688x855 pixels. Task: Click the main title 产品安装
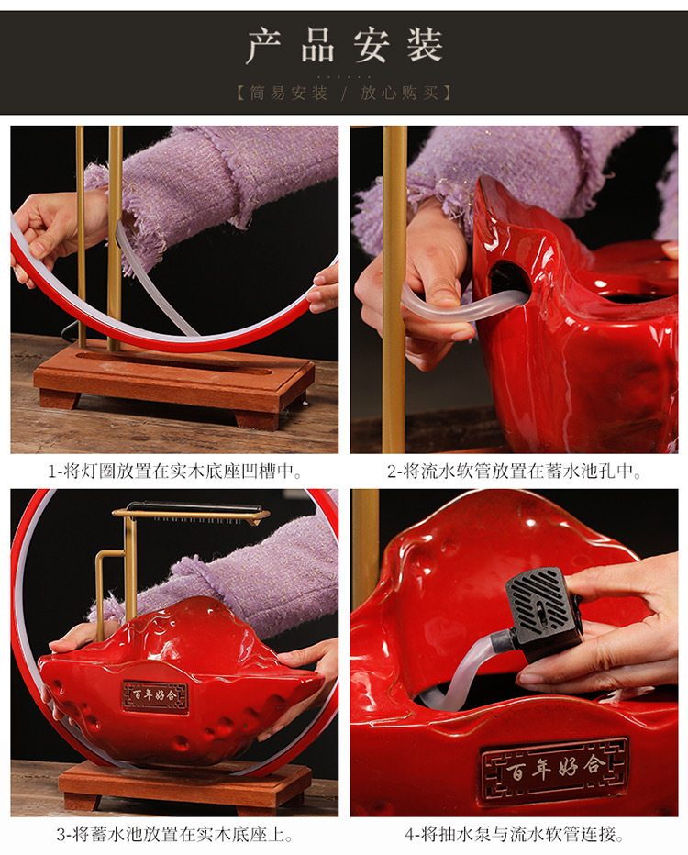click(344, 45)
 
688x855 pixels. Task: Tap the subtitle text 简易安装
click(289, 93)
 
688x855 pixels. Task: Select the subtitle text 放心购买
click(400, 93)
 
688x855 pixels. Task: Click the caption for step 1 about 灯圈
click(174, 472)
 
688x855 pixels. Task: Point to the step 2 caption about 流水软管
click(514, 472)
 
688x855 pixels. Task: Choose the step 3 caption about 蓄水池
click(174, 834)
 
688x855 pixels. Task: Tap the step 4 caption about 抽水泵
click(514, 834)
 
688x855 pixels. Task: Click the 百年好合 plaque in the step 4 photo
click(553, 768)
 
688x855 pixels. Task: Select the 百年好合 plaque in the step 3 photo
click(155, 696)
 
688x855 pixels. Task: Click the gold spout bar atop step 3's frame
click(191, 513)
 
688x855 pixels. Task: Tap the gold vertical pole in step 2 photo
click(394, 289)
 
